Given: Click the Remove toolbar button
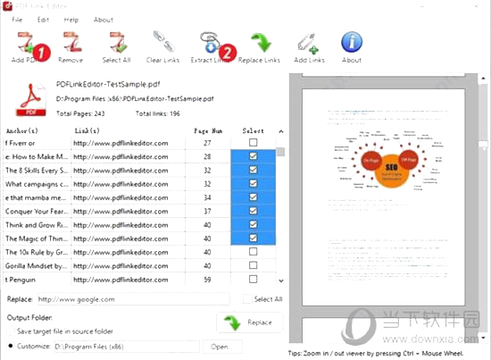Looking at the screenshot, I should pos(71,46).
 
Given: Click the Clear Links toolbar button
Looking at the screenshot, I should pos(162,46).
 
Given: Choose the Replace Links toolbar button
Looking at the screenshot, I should pos(260,46).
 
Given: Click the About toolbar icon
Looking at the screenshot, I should pos(352,46).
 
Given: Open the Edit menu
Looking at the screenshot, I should pos(43,19).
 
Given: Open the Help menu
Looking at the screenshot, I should pos(71,19).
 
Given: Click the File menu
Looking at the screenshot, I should pos(16,19).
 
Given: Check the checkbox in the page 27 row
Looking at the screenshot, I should pos(254,142).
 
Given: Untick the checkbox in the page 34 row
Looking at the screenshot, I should pos(254,197).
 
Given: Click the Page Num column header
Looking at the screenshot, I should pos(207,130).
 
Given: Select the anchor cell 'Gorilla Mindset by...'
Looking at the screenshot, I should pos(36,265).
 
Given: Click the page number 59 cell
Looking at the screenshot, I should pos(207,279).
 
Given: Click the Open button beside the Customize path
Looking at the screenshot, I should pos(219,346).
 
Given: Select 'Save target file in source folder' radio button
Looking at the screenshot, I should pos(9,331).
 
